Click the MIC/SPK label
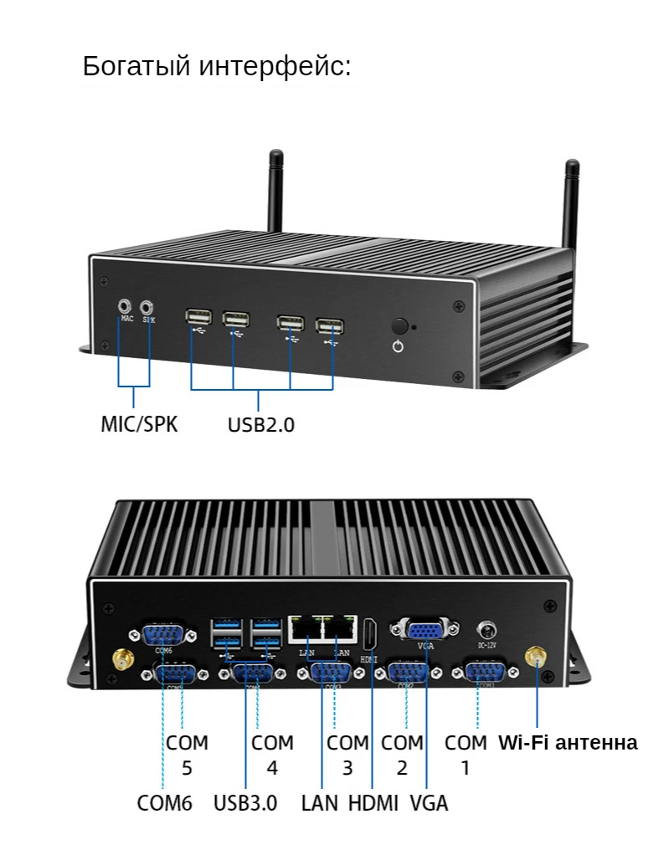tap(139, 423)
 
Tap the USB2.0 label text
tap(260, 424)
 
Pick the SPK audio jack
tap(149, 307)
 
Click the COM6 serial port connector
tap(163, 633)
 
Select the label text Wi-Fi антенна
tap(568, 742)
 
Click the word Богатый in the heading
tap(136, 66)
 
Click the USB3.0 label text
tap(244, 803)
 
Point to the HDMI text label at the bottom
tap(373, 803)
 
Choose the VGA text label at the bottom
tap(429, 803)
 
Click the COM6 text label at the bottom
tap(165, 803)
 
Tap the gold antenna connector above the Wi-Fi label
tap(535, 658)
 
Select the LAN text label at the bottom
tap(320, 803)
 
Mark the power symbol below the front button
tap(399, 346)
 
